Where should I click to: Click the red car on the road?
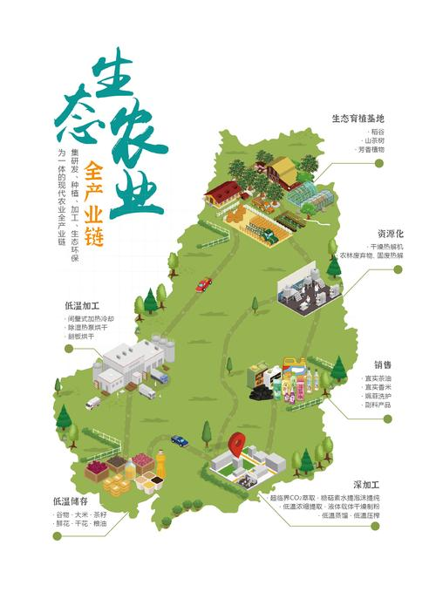[203, 284]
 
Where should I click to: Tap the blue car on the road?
[179, 440]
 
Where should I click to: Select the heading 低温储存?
[71, 501]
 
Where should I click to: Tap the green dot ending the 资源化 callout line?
[399, 270]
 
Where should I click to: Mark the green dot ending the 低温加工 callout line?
[69, 349]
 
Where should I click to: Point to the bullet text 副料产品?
[377, 405]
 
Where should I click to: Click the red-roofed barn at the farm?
[222, 191]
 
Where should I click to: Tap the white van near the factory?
[93, 403]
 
